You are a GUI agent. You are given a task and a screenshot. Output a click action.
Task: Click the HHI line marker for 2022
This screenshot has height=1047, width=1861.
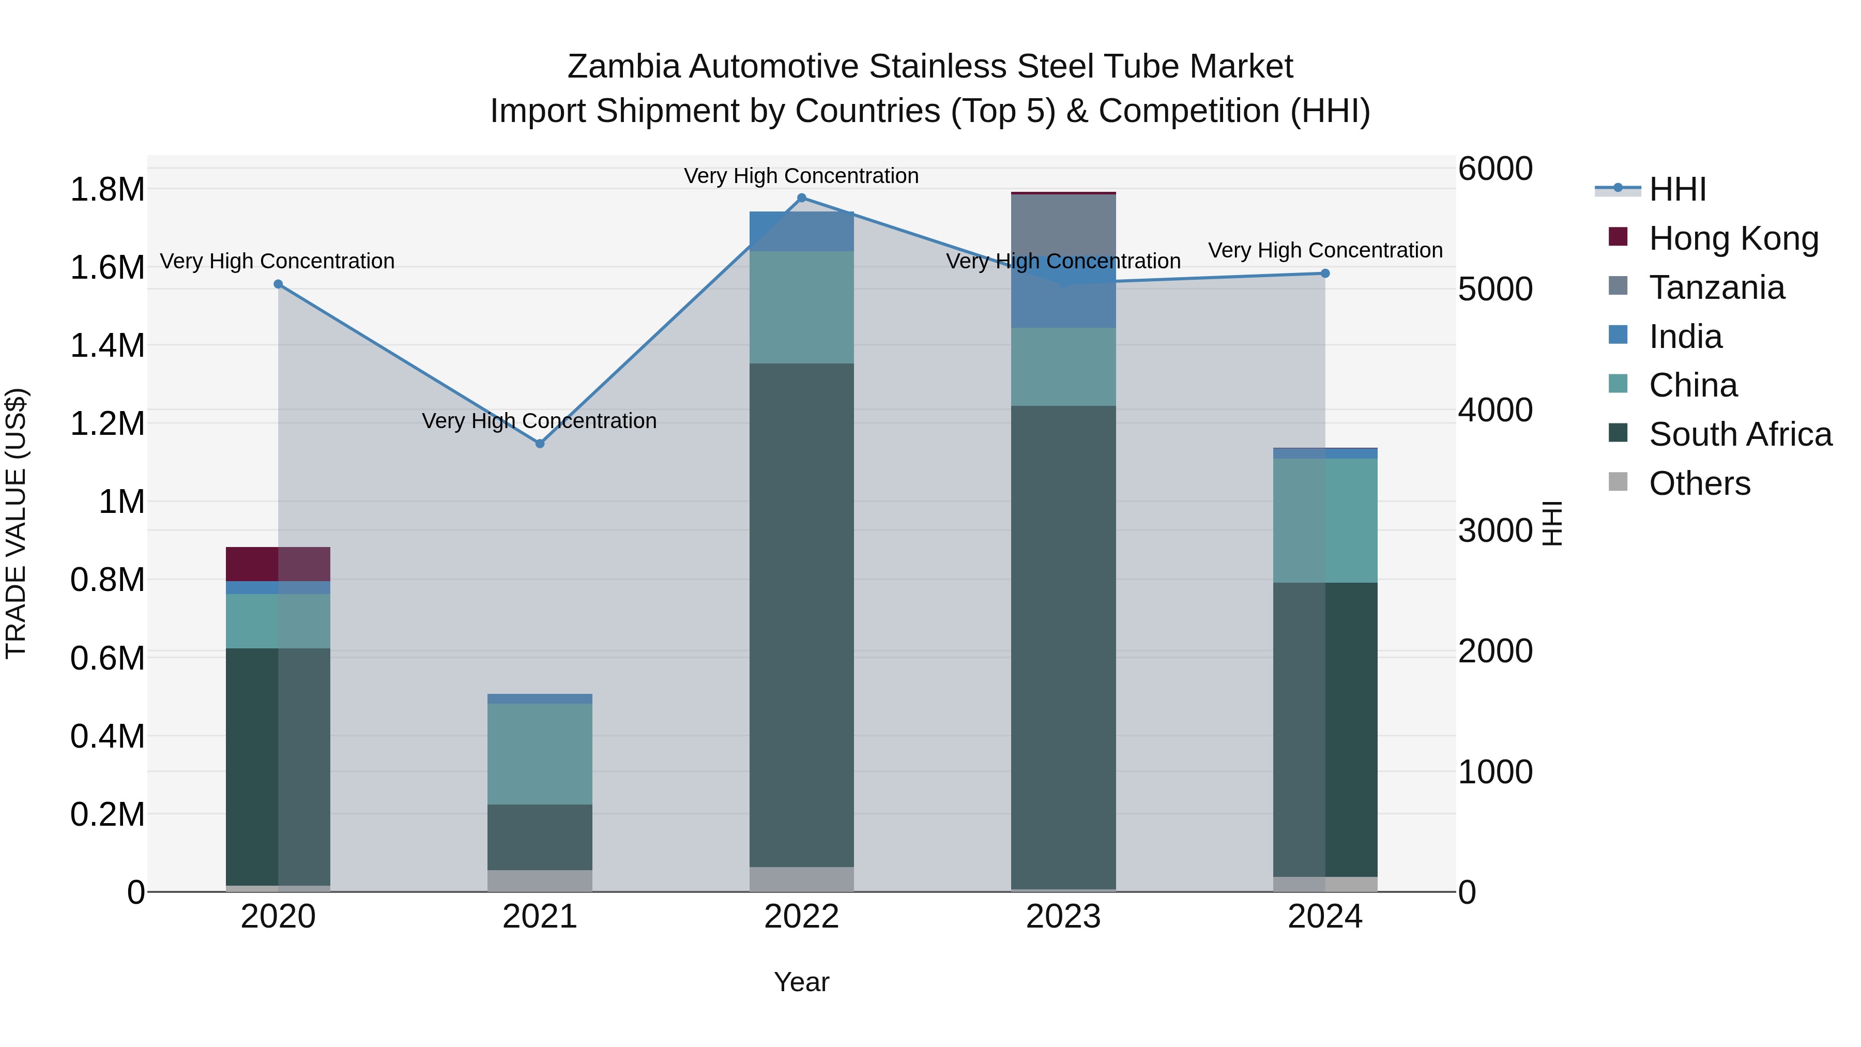tap(801, 198)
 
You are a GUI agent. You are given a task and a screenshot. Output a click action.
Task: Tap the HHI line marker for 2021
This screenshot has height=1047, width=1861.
tap(540, 444)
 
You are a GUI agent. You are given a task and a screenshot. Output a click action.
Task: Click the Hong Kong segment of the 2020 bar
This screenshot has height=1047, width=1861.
tap(278, 564)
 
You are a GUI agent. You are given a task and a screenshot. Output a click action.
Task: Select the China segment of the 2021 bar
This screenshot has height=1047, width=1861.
tap(540, 754)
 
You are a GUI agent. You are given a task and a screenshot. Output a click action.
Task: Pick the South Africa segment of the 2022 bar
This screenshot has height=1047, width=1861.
tap(801, 614)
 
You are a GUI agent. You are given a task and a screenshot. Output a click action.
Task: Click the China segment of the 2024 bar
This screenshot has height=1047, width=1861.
tap(1325, 520)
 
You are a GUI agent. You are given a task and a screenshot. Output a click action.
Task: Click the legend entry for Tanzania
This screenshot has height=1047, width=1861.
tap(1716, 287)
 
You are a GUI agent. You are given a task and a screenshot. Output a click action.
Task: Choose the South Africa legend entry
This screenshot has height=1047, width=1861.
tap(1740, 435)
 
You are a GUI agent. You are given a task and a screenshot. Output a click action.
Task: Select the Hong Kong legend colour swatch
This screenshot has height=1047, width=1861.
tap(1618, 237)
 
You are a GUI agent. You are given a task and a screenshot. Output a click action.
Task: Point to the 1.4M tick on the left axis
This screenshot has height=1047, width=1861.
tap(107, 345)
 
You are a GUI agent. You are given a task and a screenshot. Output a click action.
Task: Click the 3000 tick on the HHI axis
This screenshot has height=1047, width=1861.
tap(1494, 531)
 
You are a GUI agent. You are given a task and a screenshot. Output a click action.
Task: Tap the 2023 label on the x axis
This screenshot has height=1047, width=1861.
tap(1063, 917)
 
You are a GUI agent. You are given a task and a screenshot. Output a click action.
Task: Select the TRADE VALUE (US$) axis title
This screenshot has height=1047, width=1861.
tap(16, 523)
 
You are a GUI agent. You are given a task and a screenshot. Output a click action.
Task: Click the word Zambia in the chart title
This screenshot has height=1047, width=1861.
tap(623, 67)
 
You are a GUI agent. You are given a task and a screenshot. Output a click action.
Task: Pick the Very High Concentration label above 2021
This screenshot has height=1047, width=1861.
tap(540, 420)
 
